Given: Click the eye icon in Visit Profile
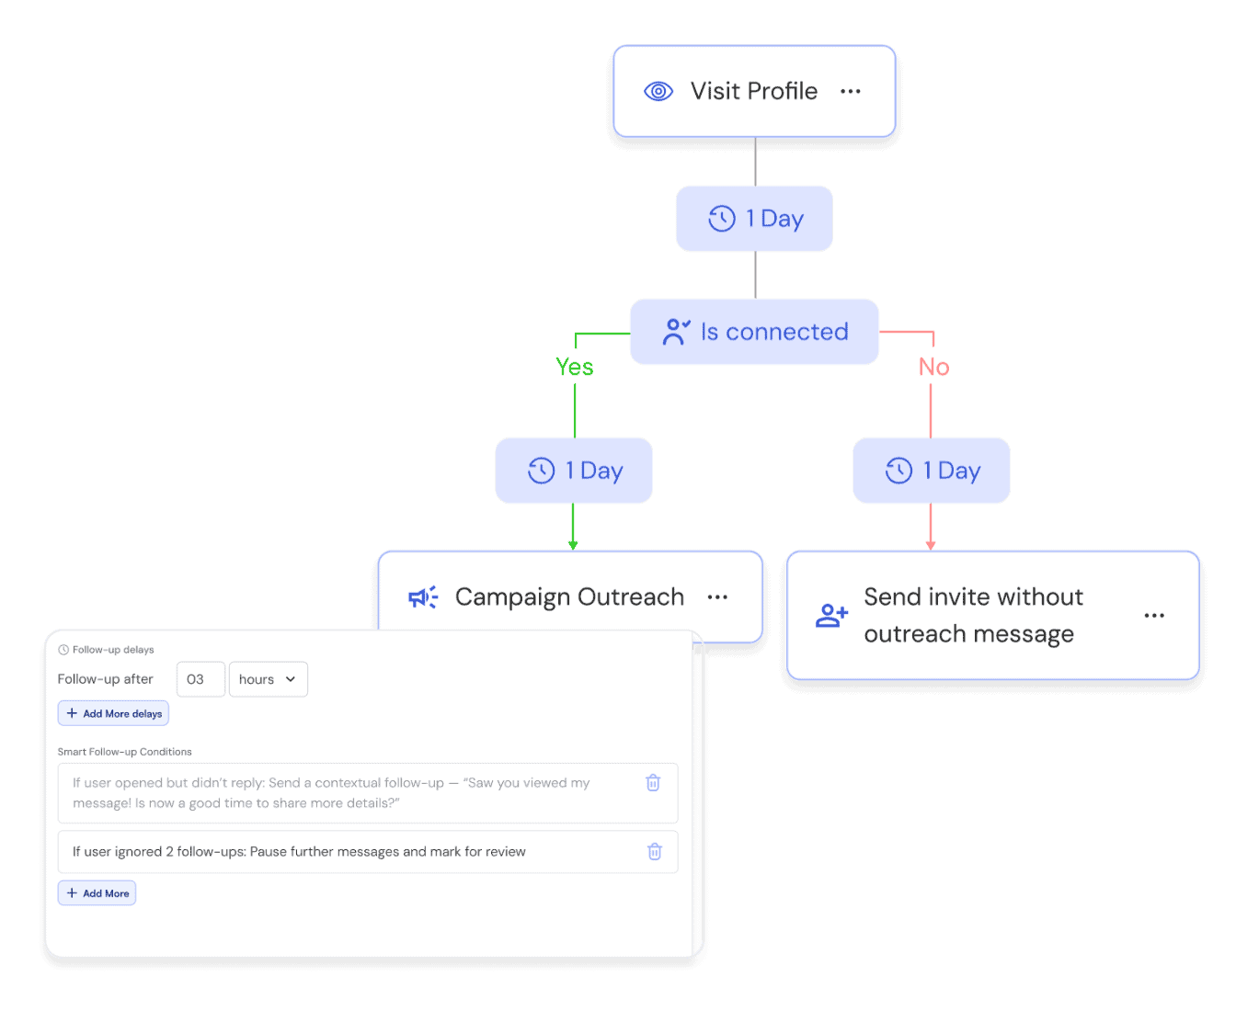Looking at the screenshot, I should [658, 91].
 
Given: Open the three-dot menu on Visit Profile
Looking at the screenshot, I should [851, 91].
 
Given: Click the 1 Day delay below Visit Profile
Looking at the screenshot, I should [754, 219].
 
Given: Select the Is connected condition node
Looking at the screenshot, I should [754, 332].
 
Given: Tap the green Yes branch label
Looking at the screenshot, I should [575, 368].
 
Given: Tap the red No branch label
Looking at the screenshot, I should [933, 368].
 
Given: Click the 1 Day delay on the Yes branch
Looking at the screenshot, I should [574, 471].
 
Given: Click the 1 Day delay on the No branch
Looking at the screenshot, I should [932, 471].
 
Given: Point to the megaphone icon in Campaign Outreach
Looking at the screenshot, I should [423, 597].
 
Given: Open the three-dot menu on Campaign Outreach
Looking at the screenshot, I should [717, 597].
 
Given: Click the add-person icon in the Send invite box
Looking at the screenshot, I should [831, 616].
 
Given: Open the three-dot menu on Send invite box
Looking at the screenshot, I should [1154, 616].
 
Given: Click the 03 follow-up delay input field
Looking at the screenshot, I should [200, 679].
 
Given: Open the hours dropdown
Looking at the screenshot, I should [268, 679].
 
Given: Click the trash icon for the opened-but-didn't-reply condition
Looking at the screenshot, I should [653, 783].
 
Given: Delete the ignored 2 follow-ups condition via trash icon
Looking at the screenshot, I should [655, 852].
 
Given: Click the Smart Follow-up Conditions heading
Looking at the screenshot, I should [125, 752].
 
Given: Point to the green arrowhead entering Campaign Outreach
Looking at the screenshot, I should [573, 544].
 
